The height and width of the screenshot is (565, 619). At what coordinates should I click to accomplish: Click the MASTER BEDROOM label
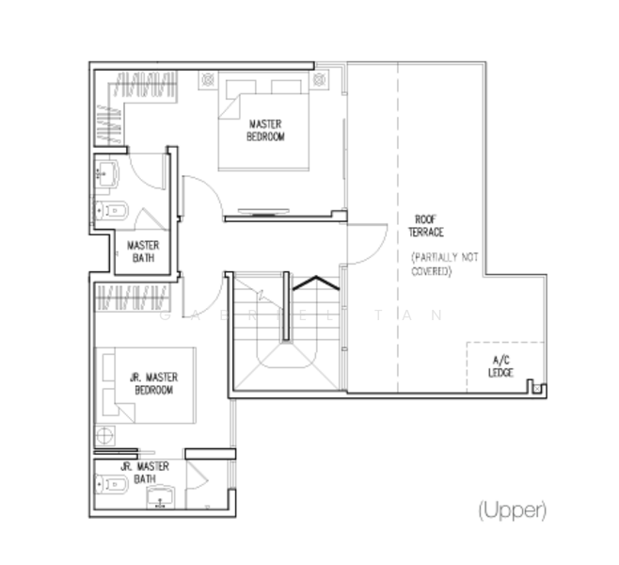pos(265,130)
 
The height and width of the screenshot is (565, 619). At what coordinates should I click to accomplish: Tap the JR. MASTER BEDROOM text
pos(153,383)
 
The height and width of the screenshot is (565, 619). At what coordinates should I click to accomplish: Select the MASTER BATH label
pos(143,250)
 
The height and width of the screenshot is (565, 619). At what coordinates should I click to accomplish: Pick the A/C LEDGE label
pos(500,366)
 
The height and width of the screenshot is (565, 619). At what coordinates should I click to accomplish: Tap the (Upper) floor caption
pos(512,510)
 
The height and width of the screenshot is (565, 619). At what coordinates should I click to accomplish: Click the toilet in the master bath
pos(113,209)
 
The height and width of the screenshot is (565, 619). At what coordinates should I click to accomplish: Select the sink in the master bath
pos(106,173)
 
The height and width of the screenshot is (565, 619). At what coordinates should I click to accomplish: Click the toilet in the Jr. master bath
pos(111,485)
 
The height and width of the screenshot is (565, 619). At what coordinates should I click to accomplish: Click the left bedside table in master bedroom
pos(207,81)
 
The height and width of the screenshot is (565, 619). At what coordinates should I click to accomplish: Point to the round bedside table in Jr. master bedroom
pos(104,435)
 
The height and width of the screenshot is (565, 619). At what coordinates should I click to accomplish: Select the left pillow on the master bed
pos(240,87)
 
